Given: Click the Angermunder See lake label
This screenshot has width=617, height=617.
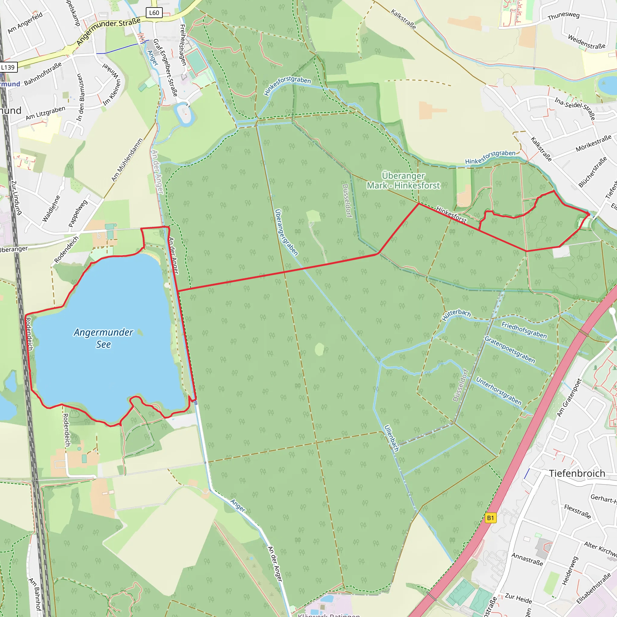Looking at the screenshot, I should (103, 338).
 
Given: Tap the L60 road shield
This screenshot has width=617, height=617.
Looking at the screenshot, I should (154, 13).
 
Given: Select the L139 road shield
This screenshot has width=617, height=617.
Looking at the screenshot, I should (8, 67).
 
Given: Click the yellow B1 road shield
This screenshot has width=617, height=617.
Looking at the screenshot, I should (490, 518).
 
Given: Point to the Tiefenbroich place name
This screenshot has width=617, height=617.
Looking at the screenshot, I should (577, 473).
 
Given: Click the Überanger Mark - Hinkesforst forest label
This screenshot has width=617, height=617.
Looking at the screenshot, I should (403, 181).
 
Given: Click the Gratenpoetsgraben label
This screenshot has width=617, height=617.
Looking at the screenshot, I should (510, 350).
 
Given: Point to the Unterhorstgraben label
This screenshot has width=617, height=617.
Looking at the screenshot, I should (499, 391).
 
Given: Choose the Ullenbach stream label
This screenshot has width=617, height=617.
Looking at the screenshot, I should (392, 438).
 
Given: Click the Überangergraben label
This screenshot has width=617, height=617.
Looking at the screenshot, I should (287, 232).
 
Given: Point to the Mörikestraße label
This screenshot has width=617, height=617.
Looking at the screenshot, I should (594, 143).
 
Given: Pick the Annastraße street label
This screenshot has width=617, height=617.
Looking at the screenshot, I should (527, 559).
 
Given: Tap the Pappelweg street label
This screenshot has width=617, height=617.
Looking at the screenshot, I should (78, 214).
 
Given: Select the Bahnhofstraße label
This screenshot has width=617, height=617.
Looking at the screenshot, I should (43, 74).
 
